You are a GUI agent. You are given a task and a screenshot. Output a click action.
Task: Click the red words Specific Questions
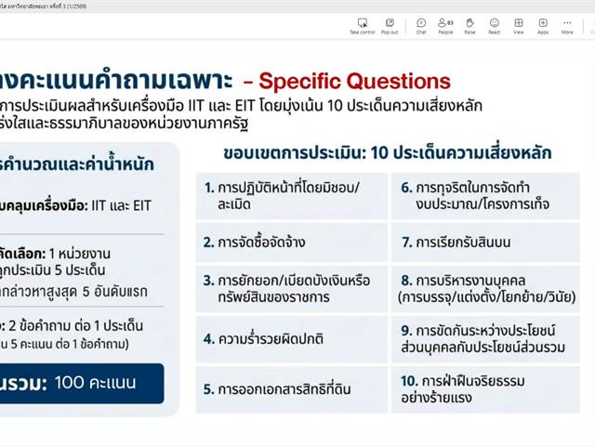[x=354, y=81]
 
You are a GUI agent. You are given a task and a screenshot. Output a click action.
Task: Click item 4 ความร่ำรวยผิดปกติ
[x=291, y=338]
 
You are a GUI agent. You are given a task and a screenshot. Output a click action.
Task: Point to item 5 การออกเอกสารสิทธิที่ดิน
[x=291, y=389]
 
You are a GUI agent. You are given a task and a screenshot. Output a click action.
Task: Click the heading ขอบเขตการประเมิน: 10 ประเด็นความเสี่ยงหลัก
[x=387, y=151]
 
